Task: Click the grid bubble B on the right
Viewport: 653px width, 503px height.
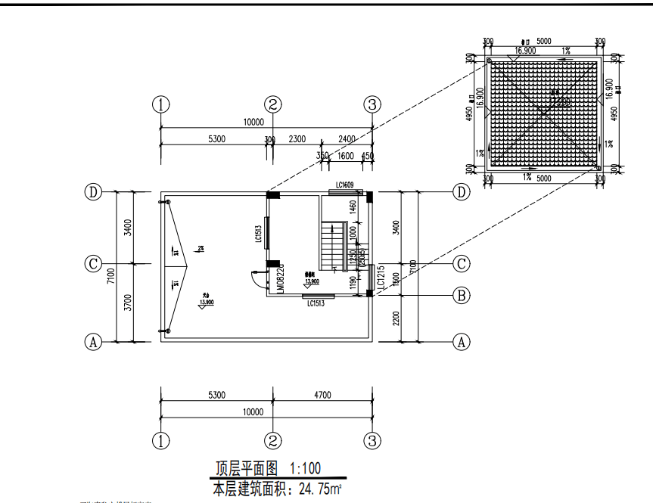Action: tap(462, 295)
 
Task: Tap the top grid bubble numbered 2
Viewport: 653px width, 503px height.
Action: tap(273, 104)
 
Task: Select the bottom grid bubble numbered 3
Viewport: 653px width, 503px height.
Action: tap(372, 440)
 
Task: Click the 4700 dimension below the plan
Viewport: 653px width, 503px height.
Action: tap(322, 394)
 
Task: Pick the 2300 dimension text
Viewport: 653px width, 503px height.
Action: tap(297, 139)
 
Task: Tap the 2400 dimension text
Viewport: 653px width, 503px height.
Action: tap(347, 139)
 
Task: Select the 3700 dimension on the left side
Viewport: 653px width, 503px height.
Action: tap(128, 303)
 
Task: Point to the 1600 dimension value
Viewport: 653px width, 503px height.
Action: tap(346, 156)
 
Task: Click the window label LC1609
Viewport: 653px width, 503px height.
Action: tap(345, 185)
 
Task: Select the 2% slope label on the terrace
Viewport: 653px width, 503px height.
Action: tap(201, 248)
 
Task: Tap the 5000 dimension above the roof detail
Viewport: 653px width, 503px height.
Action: tap(544, 41)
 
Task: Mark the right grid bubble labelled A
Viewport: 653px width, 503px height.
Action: tap(462, 342)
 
